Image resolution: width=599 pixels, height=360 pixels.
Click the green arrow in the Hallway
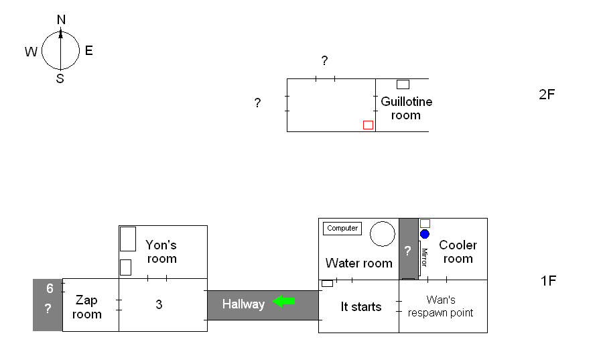click(284, 302)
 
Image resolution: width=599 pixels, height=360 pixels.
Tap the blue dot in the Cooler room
click(425, 234)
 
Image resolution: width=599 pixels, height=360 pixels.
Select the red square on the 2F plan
click(368, 125)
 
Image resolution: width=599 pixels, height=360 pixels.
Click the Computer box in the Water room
click(342, 229)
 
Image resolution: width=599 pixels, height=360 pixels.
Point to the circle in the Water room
click(383, 234)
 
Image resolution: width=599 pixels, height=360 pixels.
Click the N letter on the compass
click(61, 20)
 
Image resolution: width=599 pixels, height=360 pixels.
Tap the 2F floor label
click(547, 95)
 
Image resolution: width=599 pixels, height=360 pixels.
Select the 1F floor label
click(548, 281)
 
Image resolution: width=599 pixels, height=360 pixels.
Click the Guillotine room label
click(407, 109)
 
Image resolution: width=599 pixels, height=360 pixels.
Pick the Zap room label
click(88, 308)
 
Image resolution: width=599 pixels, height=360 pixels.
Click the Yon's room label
click(161, 252)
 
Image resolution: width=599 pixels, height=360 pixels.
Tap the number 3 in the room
click(159, 305)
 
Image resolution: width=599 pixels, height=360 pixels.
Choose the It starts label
click(361, 307)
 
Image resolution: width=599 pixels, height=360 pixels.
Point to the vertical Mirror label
click(423, 257)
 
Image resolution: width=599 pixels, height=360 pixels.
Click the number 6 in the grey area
click(49, 289)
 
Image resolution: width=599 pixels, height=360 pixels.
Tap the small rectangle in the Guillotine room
click(403, 84)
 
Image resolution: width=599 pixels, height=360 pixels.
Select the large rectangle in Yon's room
click(127, 239)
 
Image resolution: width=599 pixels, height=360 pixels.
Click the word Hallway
click(243, 304)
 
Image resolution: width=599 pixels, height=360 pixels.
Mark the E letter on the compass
click(88, 51)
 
